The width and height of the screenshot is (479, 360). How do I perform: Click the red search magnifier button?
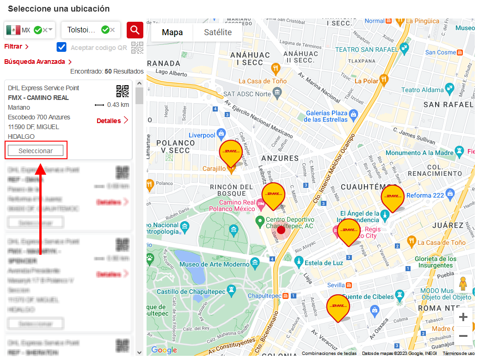pos(135,30)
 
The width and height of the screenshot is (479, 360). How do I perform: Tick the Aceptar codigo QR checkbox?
pos(61,47)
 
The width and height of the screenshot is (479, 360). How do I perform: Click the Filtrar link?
pos(17,47)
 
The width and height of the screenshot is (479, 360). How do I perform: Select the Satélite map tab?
pos(218,32)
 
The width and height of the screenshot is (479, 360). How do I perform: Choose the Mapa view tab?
pos(172,32)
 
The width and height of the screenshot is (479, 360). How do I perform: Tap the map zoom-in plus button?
pos(463,317)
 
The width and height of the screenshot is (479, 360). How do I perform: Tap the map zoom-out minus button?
pos(463,336)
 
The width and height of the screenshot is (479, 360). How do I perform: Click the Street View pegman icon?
pos(463,284)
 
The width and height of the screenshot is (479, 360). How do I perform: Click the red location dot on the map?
pos(281,230)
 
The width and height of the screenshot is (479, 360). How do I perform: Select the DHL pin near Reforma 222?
pos(393,197)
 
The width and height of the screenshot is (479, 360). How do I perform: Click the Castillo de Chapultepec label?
pos(190,292)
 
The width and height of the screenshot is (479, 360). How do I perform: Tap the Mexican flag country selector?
pos(14,30)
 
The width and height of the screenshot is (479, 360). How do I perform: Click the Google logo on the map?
pos(164,350)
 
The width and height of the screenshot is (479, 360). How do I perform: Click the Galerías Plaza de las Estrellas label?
pos(326,116)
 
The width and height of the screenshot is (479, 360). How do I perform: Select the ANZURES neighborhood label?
pos(280,158)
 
